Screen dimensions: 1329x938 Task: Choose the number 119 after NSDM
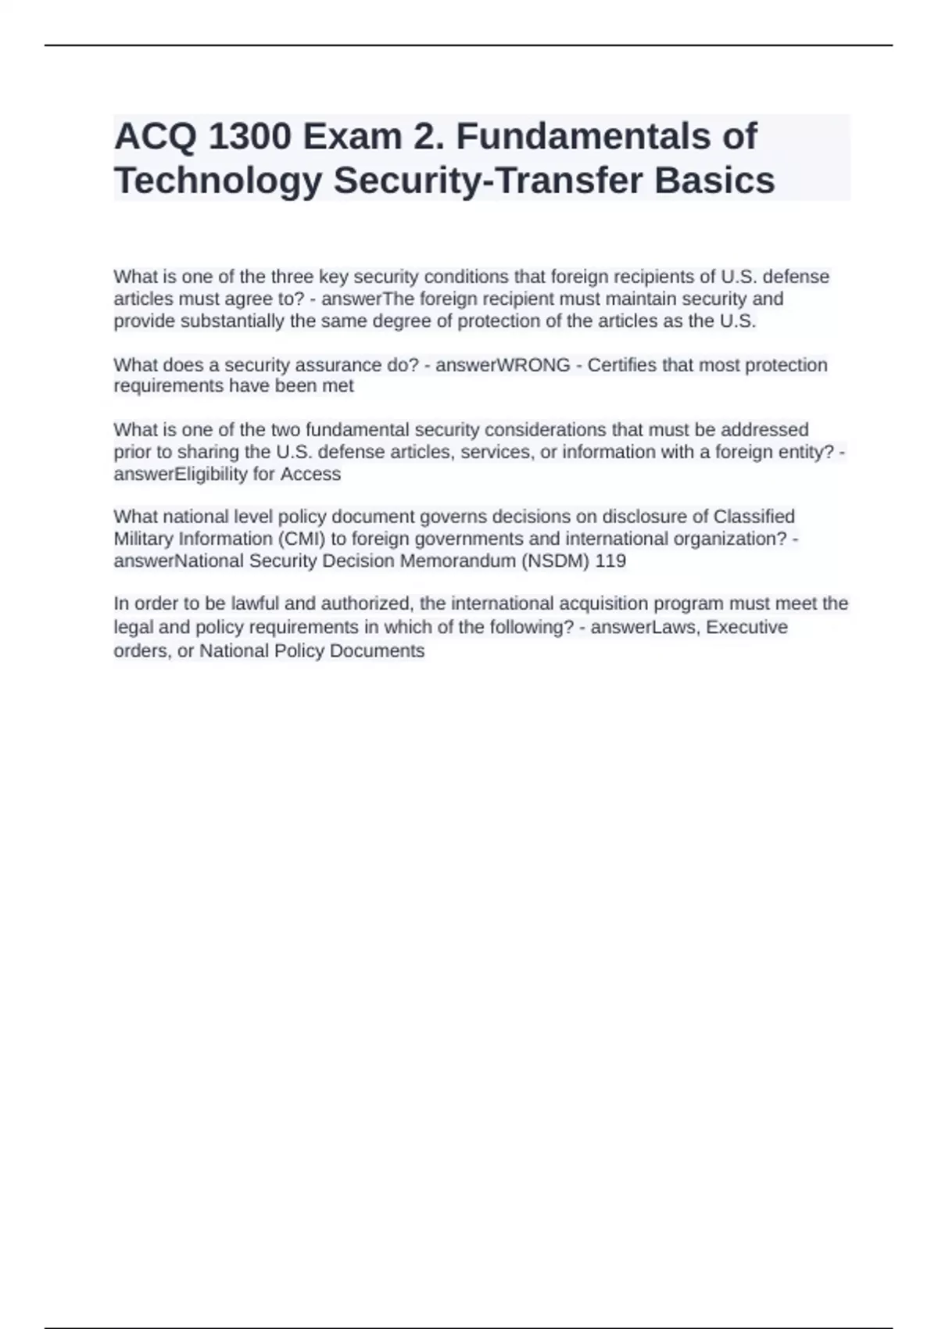point(610,561)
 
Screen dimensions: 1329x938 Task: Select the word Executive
point(747,627)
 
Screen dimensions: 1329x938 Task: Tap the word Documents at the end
point(377,650)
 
